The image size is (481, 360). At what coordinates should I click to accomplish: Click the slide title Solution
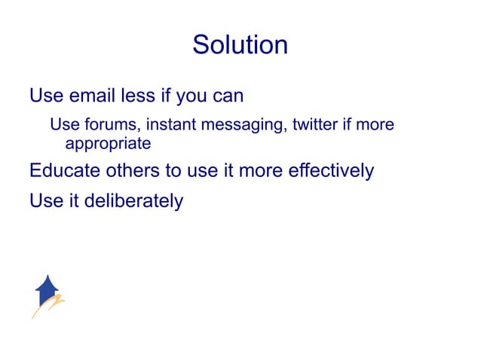click(240, 44)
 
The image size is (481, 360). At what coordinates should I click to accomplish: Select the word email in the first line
click(95, 96)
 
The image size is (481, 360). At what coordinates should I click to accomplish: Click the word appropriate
click(108, 143)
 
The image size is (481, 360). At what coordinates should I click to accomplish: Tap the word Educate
click(63, 171)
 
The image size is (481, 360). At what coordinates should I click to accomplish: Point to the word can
click(226, 96)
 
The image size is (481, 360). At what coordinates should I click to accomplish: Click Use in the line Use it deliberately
click(45, 202)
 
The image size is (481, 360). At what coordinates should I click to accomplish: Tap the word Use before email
click(45, 96)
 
